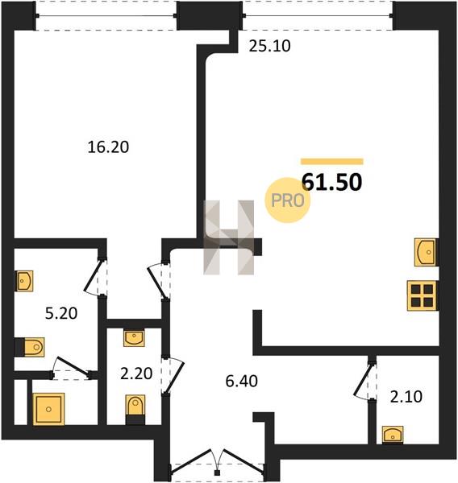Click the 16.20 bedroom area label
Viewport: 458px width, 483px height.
click(x=108, y=147)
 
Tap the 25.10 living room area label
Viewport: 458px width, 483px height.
click(x=270, y=46)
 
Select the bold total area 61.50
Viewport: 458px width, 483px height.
click(x=331, y=182)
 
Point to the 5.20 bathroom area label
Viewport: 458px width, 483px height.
click(x=61, y=314)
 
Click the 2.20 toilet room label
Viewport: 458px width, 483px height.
click(x=136, y=374)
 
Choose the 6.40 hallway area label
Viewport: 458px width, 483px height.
click(x=241, y=382)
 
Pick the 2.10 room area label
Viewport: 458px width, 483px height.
click(x=406, y=397)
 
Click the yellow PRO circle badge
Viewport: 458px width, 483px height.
click(x=287, y=200)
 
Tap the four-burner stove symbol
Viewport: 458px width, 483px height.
click(x=422, y=295)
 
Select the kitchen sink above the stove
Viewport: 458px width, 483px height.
click(x=425, y=252)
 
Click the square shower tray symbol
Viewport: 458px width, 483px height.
click(x=48, y=409)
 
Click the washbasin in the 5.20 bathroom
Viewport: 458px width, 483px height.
click(x=24, y=281)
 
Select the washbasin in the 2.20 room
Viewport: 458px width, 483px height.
click(x=134, y=338)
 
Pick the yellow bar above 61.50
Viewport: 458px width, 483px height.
click(x=332, y=162)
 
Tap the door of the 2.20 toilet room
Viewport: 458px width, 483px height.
click(x=173, y=375)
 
